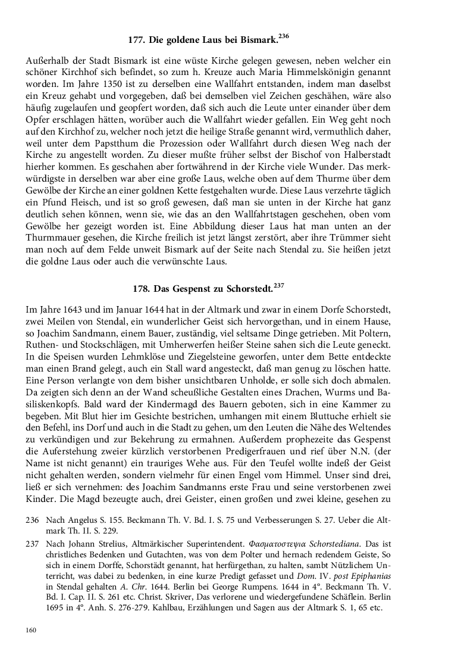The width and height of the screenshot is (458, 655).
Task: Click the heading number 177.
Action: (137, 42)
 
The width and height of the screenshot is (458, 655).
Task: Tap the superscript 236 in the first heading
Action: (284, 37)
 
